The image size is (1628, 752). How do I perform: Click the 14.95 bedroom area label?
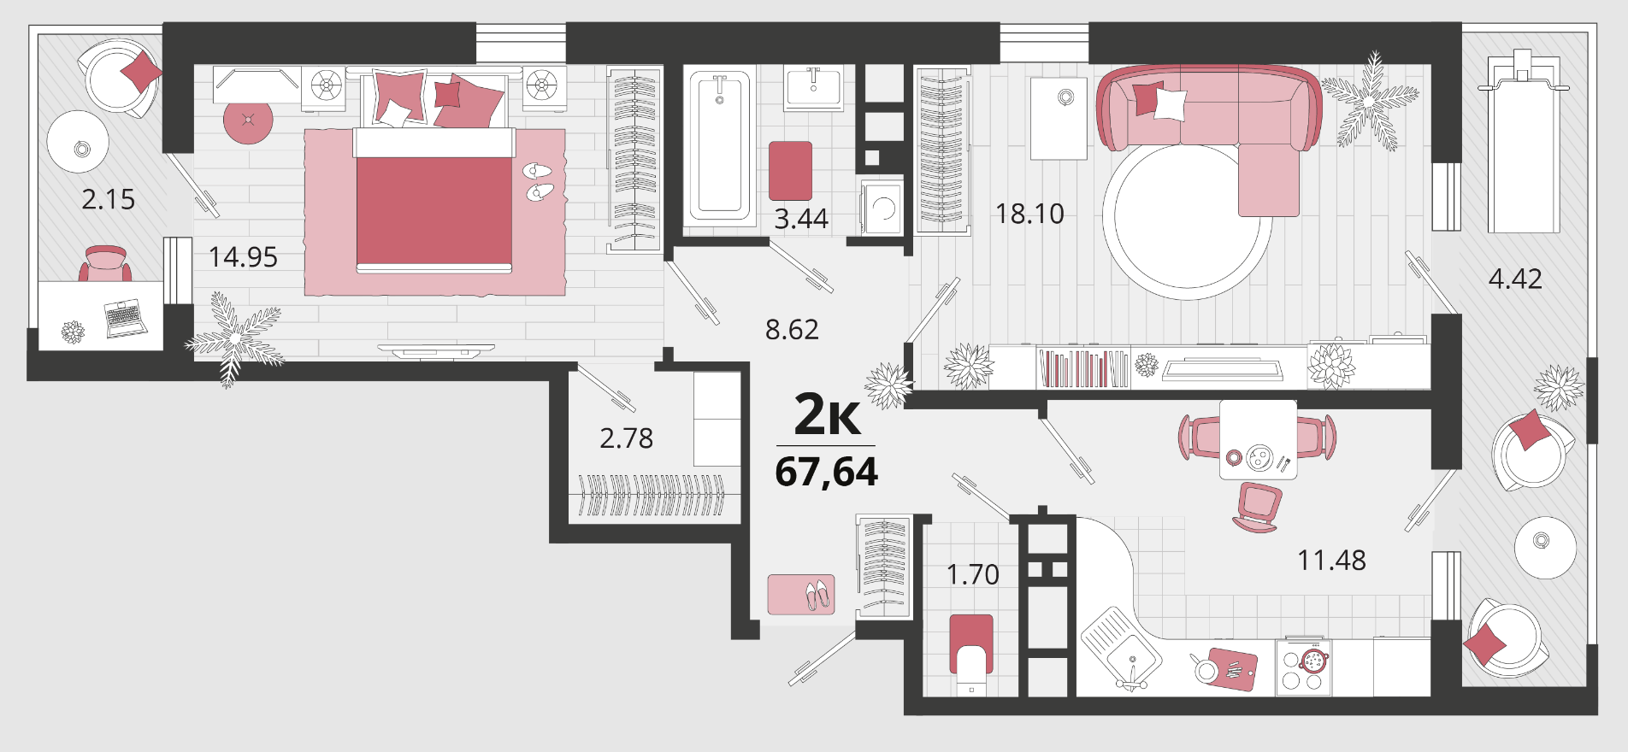(x=243, y=256)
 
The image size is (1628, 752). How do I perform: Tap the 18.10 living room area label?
(x=1029, y=214)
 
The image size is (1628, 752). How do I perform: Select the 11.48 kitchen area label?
(x=1331, y=561)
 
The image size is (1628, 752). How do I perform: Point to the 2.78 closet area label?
(x=626, y=438)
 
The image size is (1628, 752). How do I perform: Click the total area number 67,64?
(x=826, y=473)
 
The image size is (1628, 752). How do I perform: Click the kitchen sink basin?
(x=1121, y=647)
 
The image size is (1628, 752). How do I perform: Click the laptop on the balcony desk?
(x=126, y=318)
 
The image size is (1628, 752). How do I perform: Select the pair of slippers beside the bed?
(x=538, y=181)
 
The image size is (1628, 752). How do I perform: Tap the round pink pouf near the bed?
(x=248, y=120)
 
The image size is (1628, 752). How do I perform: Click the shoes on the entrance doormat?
(x=817, y=595)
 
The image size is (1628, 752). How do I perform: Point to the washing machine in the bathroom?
(x=882, y=207)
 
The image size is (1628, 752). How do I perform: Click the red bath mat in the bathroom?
(x=790, y=170)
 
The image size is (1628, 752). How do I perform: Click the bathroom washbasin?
(x=813, y=87)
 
